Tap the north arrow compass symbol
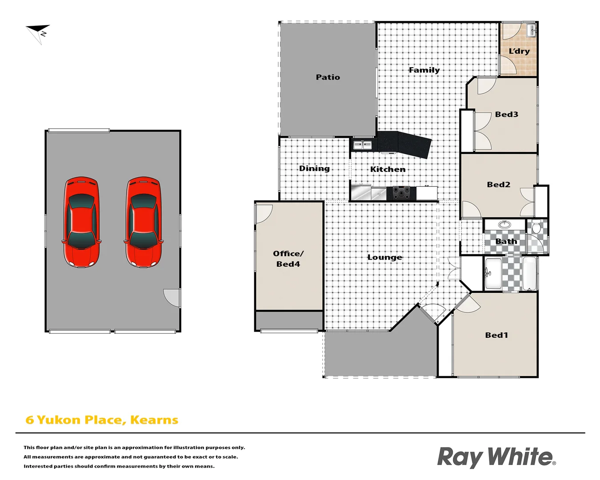click(38, 33)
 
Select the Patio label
click(328, 77)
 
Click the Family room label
click(424, 70)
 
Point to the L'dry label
click(519, 51)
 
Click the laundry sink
click(531, 31)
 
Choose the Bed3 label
click(507, 114)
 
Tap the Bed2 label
click(499, 184)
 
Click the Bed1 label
click(496, 335)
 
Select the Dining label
click(314, 168)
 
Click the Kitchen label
click(388, 169)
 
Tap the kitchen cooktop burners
click(401, 193)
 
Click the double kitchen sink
click(362, 144)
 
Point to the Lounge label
click(384, 257)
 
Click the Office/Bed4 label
click(288, 259)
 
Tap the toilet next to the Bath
click(536, 228)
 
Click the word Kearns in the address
click(154, 420)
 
